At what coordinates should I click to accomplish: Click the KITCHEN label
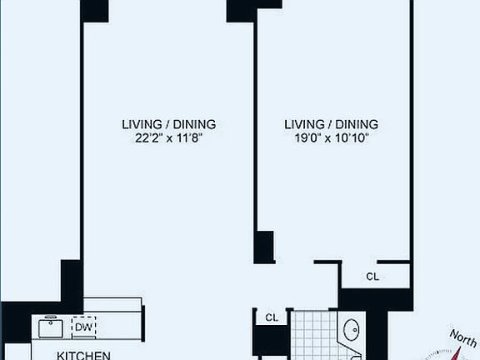[83, 355]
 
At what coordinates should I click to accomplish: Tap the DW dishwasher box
[83, 327]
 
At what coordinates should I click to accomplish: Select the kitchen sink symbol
[52, 326]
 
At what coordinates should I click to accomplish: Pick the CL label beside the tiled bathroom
[271, 317]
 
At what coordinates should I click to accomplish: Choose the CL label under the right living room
[372, 276]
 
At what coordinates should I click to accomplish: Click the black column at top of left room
[94, 10]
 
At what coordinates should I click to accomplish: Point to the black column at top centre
[242, 10]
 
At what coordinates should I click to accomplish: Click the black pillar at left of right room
[264, 247]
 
